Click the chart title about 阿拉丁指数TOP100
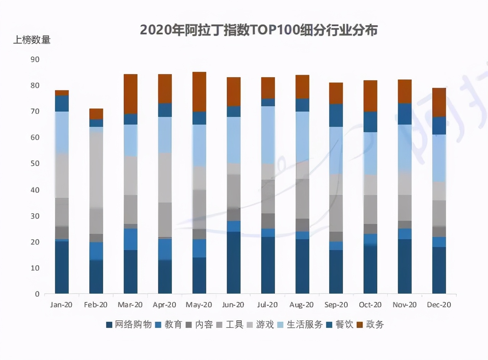click(259, 30)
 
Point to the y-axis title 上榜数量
click(32, 40)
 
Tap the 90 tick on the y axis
click(34, 59)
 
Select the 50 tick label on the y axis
click(34, 164)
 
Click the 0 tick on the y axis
click(37, 294)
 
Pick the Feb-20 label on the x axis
click(96, 305)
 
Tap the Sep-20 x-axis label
click(336, 305)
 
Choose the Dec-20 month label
click(439, 305)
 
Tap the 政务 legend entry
click(371, 325)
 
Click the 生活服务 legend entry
click(300, 325)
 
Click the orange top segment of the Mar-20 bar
click(131, 94)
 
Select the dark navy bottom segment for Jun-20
click(234, 263)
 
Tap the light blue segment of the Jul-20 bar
click(268, 135)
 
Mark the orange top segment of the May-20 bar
click(199, 92)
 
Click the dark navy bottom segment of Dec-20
click(439, 270)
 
